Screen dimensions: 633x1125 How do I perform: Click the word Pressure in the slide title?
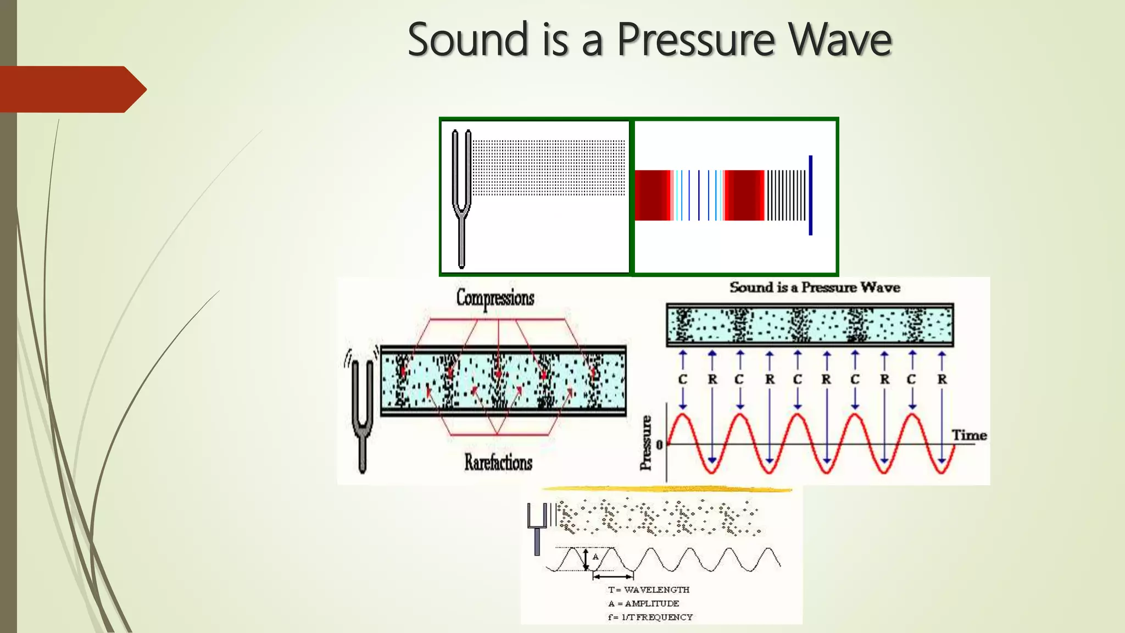[x=696, y=40]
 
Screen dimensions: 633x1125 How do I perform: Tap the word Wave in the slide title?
[x=839, y=40]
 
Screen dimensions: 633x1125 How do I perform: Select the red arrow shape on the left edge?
[x=71, y=89]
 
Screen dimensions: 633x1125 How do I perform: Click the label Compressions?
[x=495, y=298]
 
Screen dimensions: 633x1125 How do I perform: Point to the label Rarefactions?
[x=498, y=462]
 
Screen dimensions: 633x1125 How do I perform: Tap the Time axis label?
[x=969, y=435]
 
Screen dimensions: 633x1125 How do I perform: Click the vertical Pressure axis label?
[x=647, y=443]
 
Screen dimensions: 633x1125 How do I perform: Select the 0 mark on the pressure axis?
[x=660, y=444]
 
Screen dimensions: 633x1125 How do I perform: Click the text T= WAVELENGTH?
[x=648, y=590]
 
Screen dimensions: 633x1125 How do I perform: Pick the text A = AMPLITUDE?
[x=643, y=603]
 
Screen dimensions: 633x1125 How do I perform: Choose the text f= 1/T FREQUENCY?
[x=650, y=617]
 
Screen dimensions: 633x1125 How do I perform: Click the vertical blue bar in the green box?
[x=810, y=195]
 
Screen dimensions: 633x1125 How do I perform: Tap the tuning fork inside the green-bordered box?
[x=461, y=198]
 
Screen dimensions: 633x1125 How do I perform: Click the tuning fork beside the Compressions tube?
[x=362, y=412]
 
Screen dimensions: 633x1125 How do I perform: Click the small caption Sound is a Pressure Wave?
[x=815, y=287]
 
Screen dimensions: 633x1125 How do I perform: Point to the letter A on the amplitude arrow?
[x=595, y=557]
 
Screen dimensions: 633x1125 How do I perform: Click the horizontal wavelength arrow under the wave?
[x=613, y=576]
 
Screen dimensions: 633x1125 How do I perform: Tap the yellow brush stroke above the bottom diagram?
[x=666, y=488]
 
